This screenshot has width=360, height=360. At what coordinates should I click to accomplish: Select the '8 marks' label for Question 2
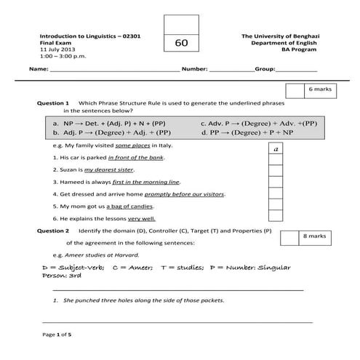point(315,236)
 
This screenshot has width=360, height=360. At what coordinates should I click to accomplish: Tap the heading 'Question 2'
point(53,231)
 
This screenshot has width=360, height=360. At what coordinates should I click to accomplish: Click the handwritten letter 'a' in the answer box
point(276,148)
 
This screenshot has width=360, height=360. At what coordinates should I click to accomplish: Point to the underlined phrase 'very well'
point(142,218)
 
